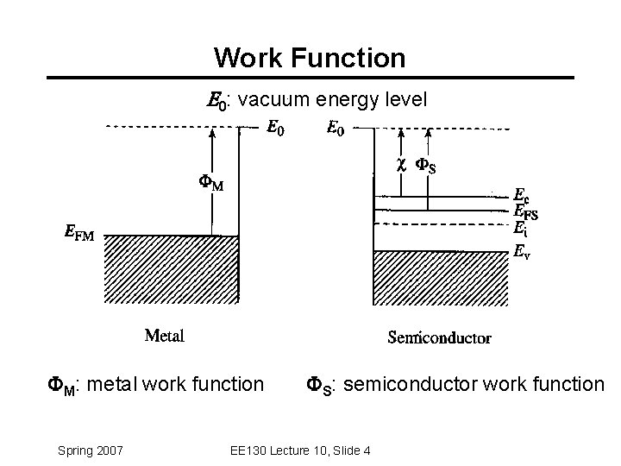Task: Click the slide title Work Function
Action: [310, 58]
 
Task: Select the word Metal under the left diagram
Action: [164, 335]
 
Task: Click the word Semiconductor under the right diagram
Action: [439, 337]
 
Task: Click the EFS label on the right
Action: [525, 211]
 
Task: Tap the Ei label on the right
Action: [520, 229]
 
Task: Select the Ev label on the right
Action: [522, 253]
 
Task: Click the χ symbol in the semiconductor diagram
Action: [400, 163]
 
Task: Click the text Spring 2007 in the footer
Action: [91, 450]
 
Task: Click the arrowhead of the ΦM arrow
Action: [210, 133]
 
